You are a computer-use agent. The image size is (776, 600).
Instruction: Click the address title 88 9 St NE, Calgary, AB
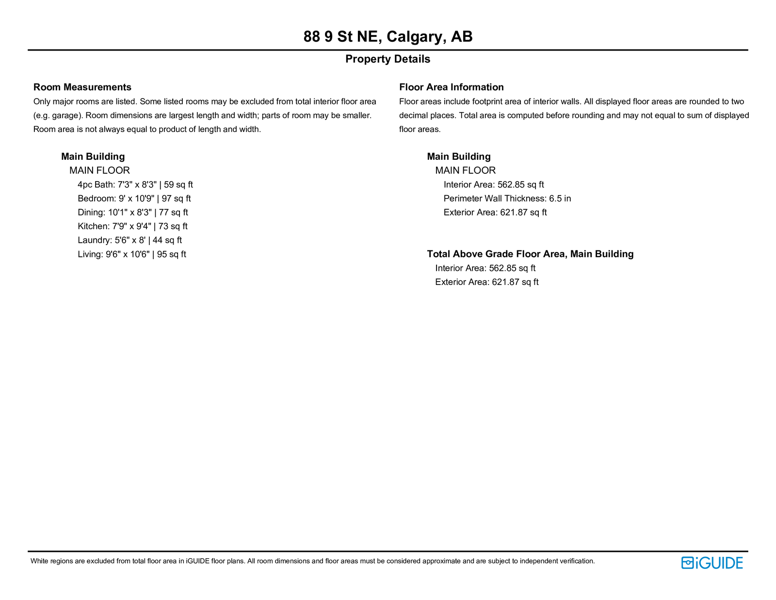[x=388, y=36]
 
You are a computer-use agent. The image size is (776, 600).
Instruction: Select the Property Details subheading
[x=388, y=59]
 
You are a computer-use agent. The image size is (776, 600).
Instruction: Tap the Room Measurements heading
[x=82, y=87]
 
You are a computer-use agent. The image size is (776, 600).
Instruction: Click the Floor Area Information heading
[x=451, y=87]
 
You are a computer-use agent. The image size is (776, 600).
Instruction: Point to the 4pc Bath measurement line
[x=135, y=184]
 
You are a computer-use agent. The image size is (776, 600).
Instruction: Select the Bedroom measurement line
[x=134, y=199]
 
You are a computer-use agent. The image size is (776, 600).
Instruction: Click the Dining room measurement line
[x=132, y=212]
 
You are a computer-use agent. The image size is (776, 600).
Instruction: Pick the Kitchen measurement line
[x=132, y=226]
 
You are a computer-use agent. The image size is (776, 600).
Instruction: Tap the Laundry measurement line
[x=129, y=240]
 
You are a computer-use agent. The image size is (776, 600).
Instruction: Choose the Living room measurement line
[x=131, y=254]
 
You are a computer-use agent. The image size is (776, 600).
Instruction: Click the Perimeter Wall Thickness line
[x=507, y=199]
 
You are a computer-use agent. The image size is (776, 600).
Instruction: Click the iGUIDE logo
[x=711, y=563]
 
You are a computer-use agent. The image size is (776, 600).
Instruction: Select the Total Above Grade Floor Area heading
[x=530, y=254]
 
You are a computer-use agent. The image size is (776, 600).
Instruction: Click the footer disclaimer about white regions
[x=312, y=561]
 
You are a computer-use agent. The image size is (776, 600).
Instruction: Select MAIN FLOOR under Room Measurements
[x=99, y=170]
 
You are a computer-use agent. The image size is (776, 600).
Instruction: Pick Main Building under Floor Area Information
[x=459, y=156]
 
